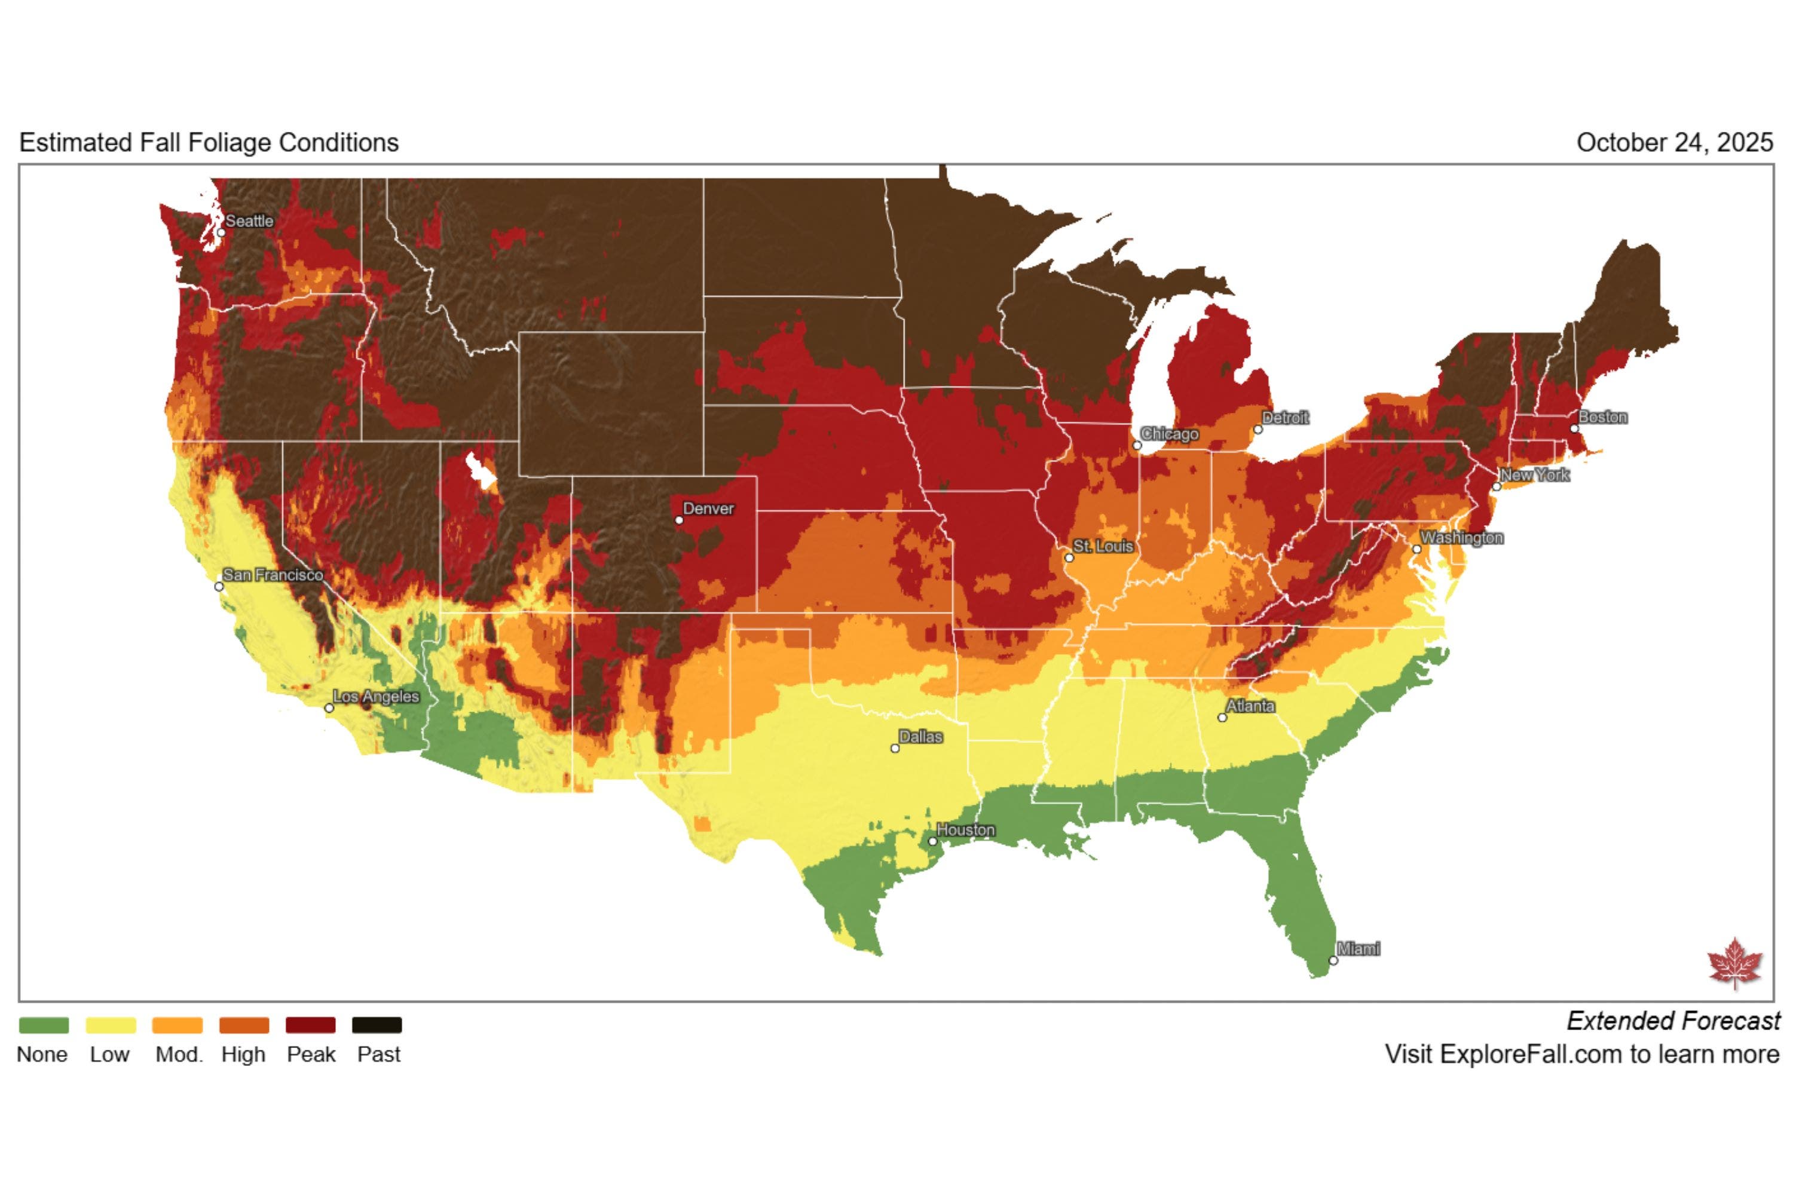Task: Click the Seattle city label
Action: pos(249,221)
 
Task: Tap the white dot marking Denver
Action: pos(679,520)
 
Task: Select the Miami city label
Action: pos(1358,949)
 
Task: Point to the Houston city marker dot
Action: pos(932,841)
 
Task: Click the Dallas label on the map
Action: pos(920,737)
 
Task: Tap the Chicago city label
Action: pos(1170,434)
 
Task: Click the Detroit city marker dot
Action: pos(1258,429)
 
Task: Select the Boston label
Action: pos(1602,417)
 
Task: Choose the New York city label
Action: pos(1535,475)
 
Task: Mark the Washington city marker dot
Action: pos(1416,549)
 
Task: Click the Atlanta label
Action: pos(1250,706)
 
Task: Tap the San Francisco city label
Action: pos(273,575)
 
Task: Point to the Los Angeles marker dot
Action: pos(329,708)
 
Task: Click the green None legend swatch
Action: pos(44,1025)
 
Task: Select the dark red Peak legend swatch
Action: pos(310,1025)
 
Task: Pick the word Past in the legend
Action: pos(379,1055)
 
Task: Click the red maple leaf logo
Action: pos(1734,963)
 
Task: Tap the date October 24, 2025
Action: pos(1674,143)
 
